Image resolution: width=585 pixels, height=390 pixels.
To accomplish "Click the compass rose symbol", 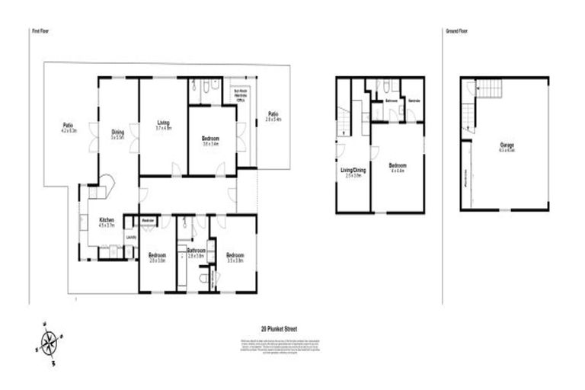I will tap(50, 343).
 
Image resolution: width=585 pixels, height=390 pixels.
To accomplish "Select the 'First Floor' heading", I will tap(40, 31).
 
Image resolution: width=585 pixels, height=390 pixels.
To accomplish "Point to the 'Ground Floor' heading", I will tap(456, 31).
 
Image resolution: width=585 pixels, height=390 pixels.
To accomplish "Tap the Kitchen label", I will tap(107, 222).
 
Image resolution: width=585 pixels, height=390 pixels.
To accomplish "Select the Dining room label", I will tap(117, 133).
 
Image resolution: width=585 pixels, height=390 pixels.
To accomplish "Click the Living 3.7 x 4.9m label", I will tap(163, 126).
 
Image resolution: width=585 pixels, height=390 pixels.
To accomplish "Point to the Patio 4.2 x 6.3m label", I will tap(68, 127).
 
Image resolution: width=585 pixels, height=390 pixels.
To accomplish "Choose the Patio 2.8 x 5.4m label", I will tap(273, 117).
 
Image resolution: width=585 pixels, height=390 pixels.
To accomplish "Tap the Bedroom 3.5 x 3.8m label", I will tap(235, 257).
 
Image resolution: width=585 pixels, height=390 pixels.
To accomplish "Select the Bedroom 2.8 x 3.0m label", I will tap(157, 257).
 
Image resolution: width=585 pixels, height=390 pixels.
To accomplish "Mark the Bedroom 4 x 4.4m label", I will tap(397, 167).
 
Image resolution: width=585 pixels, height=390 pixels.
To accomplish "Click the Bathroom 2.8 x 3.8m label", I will tap(196, 252).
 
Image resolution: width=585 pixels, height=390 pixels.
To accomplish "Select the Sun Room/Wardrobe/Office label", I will tap(239, 94).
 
